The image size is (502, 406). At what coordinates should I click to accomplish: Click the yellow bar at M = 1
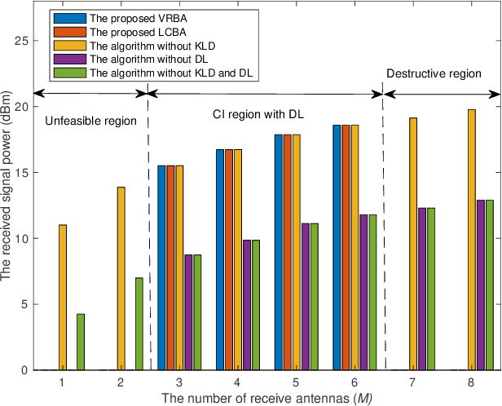tap(63, 298)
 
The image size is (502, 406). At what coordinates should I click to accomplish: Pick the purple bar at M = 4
tap(247, 305)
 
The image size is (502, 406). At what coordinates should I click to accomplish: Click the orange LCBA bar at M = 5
tap(288, 252)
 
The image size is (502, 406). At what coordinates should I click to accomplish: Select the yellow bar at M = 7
tap(413, 244)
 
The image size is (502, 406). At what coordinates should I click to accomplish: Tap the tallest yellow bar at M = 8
tap(471, 240)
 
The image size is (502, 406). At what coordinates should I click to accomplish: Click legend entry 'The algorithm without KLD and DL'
tap(170, 73)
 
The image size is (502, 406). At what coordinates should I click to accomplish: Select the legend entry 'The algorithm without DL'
tap(144, 59)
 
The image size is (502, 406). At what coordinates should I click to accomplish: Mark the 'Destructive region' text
tap(434, 73)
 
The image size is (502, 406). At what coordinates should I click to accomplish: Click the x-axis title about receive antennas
tap(257, 398)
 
